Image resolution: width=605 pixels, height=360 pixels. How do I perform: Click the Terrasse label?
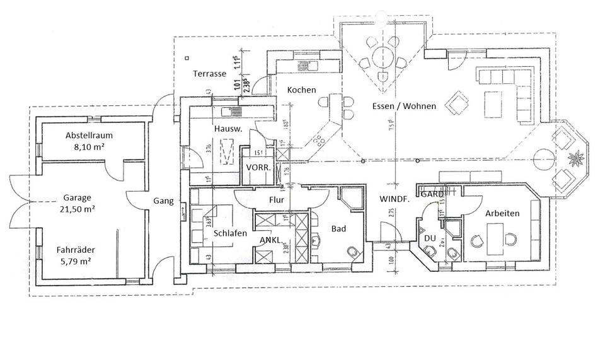210,74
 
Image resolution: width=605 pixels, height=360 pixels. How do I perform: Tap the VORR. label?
258,169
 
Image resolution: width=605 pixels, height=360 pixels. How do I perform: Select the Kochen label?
301,90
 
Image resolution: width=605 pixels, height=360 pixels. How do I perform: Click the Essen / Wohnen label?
404,107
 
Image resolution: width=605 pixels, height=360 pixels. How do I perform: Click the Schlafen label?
230,233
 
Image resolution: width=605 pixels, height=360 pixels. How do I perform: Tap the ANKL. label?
271,240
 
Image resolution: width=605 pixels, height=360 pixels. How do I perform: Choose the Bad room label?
338,229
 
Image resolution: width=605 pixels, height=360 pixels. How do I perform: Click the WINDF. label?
395,199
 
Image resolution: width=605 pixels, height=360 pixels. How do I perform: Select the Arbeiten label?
502,214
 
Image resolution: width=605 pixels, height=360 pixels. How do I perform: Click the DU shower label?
430,238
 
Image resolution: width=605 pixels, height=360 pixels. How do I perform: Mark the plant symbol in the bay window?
575,156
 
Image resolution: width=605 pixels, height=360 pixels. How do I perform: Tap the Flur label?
277,200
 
